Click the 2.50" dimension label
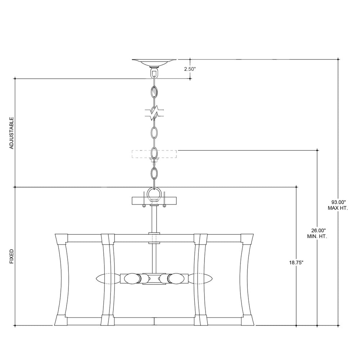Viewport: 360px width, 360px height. click(x=190, y=69)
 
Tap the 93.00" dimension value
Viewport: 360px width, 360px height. click(x=338, y=202)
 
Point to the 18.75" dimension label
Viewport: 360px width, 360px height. click(x=296, y=263)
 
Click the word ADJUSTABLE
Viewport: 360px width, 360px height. click(x=12, y=133)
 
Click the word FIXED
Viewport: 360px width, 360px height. click(x=12, y=256)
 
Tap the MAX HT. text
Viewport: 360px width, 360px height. click(x=338, y=208)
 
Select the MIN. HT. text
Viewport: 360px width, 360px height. click(x=317, y=236)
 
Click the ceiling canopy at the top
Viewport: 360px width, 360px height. click(x=154, y=63)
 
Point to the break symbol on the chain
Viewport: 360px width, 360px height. click(x=154, y=113)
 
